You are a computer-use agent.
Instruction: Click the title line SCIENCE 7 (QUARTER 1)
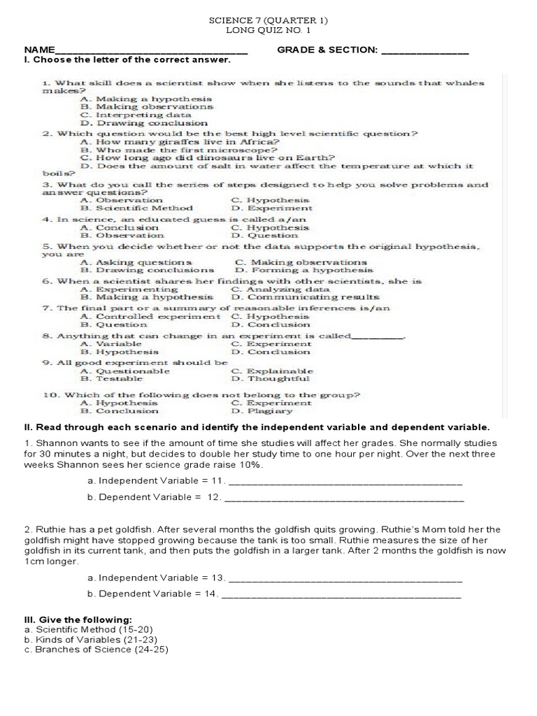pyautogui.click(x=268, y=21)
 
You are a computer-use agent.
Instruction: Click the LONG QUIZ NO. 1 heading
pyautogui.click(x=268, y=31)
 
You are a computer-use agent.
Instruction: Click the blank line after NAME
pyautogui.click(x=151, y=51)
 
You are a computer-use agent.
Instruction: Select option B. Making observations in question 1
pyautogui.click(x=147, y=107)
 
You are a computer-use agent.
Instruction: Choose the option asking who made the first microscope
pyautogui.click(x=179, y=150)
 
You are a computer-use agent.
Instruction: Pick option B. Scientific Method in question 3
pyautogui.click(x=137, y=208)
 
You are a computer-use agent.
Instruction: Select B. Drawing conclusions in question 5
pyautogui.click(x=148, y=270)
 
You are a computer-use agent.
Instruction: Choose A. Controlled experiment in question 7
pyautogui.click(x=150, y=317)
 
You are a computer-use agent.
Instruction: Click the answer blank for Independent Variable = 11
pyautogui.click(x=345, y=481)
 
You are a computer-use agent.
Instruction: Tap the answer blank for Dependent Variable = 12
pyautogui.click(x=344, y=498)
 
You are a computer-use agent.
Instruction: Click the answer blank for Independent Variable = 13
pyautogui.click(x=345, y=578)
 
